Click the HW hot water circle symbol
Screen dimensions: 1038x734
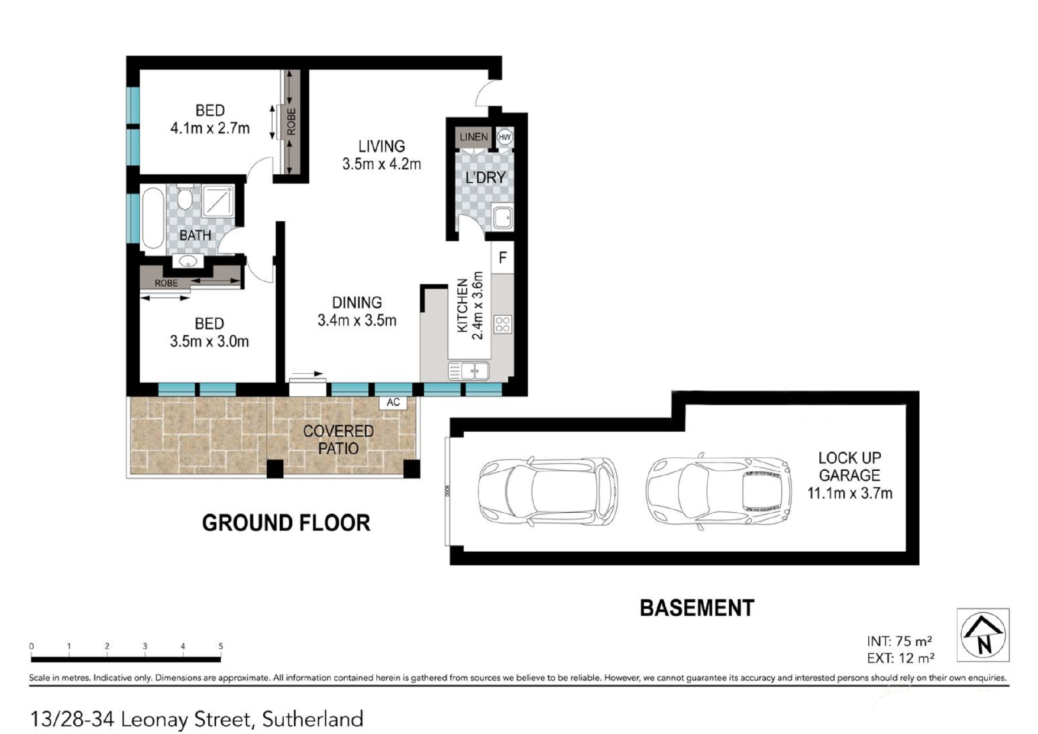[505, 137]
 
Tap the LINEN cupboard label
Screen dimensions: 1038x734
[474, 137]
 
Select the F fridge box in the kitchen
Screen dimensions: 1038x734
[503, 257]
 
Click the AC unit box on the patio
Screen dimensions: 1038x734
[393, 403]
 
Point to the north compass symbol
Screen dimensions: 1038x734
[984, 634]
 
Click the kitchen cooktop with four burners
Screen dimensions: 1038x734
[503, 325]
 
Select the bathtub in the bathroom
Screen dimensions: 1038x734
[153, 218]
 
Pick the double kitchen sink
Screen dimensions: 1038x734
[469, 371]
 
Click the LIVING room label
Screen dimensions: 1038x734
[381, 146]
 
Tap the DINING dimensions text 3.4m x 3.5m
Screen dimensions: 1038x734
[357, 321]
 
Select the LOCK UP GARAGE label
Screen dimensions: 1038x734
[849, 466]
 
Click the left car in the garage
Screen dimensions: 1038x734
[548, 492]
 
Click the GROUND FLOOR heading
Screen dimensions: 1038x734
[286, 523]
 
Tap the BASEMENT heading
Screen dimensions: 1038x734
[697, 608]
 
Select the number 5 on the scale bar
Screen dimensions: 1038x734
[221, 646]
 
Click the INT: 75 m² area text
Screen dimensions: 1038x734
[900, 641]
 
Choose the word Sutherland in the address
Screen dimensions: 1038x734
[313, 720]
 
